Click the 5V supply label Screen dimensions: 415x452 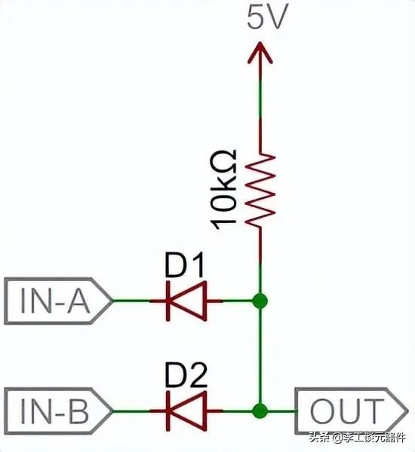pos(267,17)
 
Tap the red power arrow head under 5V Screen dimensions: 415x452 pos(260,53)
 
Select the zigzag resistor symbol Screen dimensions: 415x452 pos(260,190)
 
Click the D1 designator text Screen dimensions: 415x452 pos(184,264)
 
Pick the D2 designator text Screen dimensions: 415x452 pos(186,374)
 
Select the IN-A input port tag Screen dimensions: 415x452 pos(58,301)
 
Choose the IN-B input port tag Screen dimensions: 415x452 pos(58,411)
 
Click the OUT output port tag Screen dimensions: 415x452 pos(351,411)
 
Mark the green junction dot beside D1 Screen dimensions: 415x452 pos(260,301)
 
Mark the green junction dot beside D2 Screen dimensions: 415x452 pos(260,411)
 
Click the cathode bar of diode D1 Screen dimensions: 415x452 pos(168,301)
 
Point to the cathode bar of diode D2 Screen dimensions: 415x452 pos(168,411)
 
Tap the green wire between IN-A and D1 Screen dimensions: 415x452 pos(131,301)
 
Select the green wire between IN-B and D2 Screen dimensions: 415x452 pos(131,411)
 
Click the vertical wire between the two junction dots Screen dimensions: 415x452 pos(260,356)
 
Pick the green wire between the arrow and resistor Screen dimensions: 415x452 pos(260,99)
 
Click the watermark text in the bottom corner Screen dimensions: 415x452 pos(357,438)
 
